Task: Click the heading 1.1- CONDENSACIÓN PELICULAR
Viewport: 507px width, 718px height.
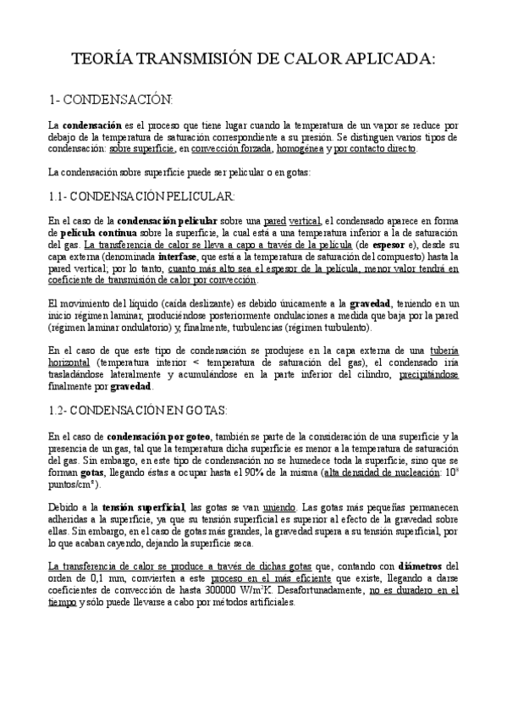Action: (x=141, y=196)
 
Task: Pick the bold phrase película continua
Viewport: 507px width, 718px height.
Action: (x=91, y=232)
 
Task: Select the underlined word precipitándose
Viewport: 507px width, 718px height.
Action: (x=430, y=375)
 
